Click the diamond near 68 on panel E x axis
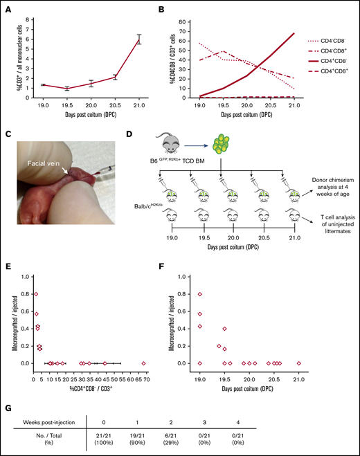[x=143, y=363]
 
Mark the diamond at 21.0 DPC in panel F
[x=299, y=363]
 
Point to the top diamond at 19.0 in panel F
[x=200, y=294]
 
